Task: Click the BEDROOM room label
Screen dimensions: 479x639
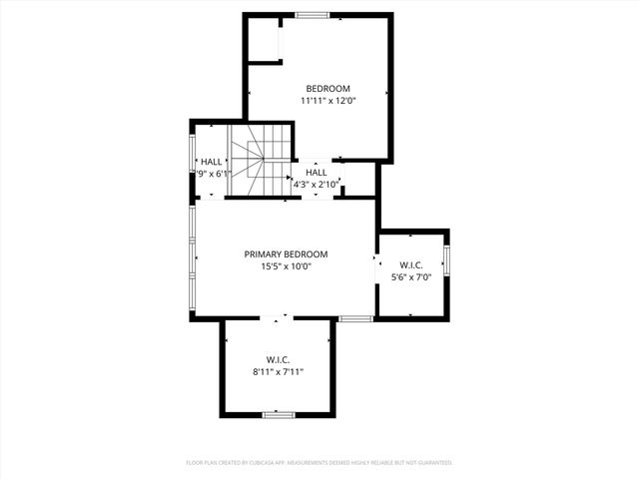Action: [x=327, y=89]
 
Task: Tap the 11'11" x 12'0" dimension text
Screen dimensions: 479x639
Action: [x=327, y=101]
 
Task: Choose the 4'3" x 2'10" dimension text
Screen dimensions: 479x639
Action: [x=318, y=185]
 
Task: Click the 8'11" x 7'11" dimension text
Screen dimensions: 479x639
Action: [x=278, y=371]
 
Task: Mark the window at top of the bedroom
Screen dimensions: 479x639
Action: [x=313, y=15]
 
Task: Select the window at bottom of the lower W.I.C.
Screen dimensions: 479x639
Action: [x=278, y=413]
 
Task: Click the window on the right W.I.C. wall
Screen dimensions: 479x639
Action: [x=447, y=259]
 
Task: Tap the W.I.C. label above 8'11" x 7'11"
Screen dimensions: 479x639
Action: [x=278, y=359]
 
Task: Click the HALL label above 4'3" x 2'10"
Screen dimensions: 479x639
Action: [x=317, y=173]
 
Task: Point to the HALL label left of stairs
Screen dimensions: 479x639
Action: [x=212, y=162]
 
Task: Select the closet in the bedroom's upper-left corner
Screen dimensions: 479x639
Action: [x=264, y=40]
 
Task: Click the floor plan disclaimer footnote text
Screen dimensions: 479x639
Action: [x=319, y=463]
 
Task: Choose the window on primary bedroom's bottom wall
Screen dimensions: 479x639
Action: [x=355, y=318]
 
